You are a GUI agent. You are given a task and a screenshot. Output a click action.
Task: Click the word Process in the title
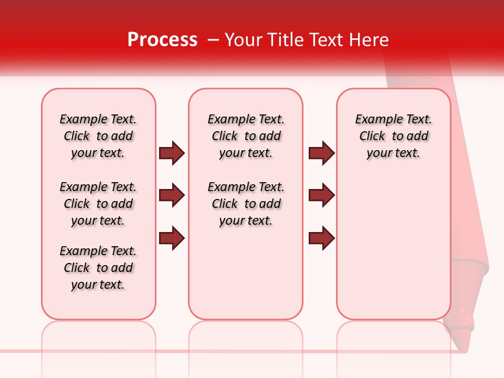click(x=162, y=40)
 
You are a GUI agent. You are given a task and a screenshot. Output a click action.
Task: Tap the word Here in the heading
click(x=369, y=40)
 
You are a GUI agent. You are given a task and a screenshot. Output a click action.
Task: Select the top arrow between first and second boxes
click(x=172, y=153)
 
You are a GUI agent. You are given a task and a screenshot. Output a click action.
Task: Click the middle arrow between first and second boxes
click(x=172, y=195)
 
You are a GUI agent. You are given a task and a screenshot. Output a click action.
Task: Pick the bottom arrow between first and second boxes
click(x=172, y=238)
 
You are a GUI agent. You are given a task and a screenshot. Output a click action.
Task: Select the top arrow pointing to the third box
click(x=322, y=153)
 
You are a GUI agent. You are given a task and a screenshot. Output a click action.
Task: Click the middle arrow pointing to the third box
click(x=322, y=195)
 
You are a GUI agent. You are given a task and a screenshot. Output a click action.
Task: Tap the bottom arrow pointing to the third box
click(x=322, y=238)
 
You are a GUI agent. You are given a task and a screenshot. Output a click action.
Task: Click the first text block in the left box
click(x=98, y=136)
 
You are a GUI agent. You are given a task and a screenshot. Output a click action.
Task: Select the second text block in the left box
click(x=98, y=204)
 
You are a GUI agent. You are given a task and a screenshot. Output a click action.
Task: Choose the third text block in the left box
click(x=98, y=268)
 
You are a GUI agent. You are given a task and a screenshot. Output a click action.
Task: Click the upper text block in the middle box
click(x=246, y=136)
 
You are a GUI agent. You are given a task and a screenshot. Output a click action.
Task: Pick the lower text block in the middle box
click(x=246, y=204)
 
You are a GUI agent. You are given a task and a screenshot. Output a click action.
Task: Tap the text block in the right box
click(x=393, y=136)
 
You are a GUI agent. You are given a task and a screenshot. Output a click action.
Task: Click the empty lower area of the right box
click(x=393, y=247)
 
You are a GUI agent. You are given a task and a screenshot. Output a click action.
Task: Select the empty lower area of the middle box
click(x=246, y=273)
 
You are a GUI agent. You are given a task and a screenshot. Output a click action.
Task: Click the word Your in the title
click(x=244, y=40)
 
